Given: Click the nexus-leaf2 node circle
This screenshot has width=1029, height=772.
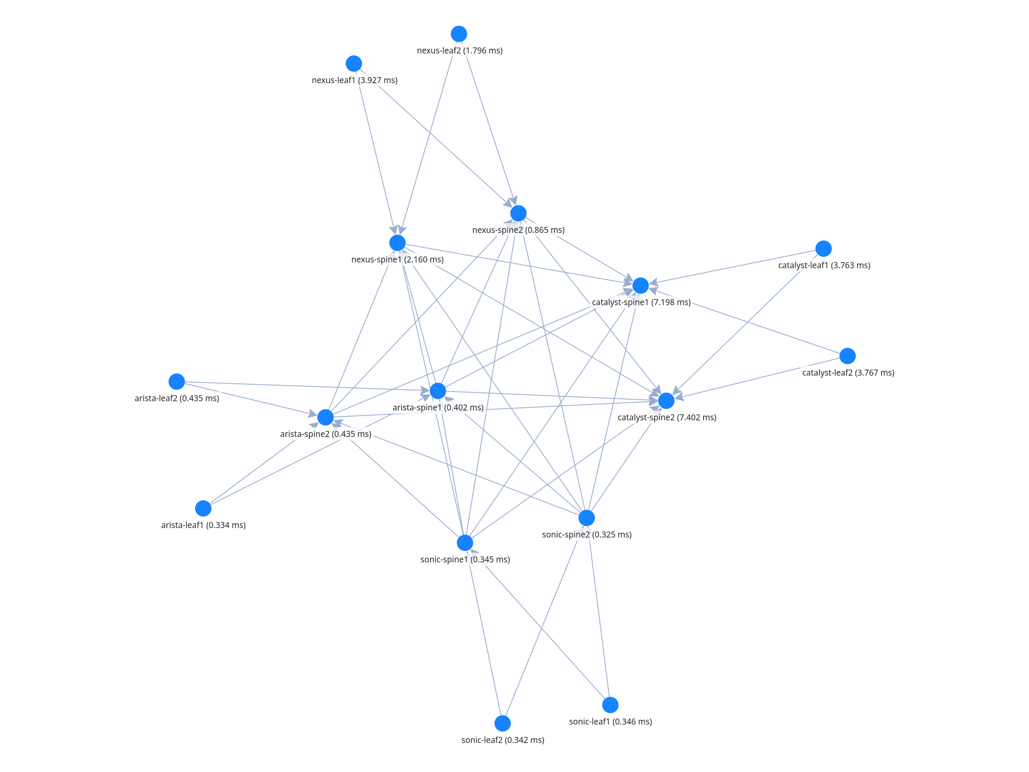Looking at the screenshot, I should (459, 34).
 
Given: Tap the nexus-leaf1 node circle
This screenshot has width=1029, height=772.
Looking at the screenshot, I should (354, 63).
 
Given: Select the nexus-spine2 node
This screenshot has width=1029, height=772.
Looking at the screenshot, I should (518, 214).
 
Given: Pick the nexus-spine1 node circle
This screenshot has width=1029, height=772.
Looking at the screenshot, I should (397, 243).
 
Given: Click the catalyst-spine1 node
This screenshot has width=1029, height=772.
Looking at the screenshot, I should (641, 286).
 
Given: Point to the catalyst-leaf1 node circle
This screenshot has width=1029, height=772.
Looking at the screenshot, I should (823, 249).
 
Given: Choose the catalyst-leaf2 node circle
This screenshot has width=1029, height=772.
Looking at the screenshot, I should (848, 356).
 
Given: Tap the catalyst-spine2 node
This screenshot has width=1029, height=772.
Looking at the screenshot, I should (666, 401).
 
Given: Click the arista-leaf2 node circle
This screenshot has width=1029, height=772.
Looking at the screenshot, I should (177, 382).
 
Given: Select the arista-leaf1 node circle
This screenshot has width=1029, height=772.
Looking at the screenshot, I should (203, 509).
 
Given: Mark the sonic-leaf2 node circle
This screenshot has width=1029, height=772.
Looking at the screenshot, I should (502, 724).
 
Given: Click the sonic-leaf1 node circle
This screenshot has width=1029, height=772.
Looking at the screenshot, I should (611, 705).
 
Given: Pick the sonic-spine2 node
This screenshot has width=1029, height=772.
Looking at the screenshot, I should (587, 518).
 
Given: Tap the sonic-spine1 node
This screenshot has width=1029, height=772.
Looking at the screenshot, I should (465, 543).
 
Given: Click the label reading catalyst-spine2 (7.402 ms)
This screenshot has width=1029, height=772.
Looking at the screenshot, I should (667, 417).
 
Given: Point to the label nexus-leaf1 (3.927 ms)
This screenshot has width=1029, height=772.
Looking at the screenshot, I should (355, 80).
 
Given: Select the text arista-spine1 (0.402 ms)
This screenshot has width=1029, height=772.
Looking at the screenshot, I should (438, 407).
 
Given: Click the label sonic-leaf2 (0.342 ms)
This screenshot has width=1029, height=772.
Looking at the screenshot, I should (502, 740).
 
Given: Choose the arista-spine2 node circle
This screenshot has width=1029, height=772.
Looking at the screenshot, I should (325, 417).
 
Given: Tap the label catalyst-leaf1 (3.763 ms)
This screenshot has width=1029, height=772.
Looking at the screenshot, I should (824, 265).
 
